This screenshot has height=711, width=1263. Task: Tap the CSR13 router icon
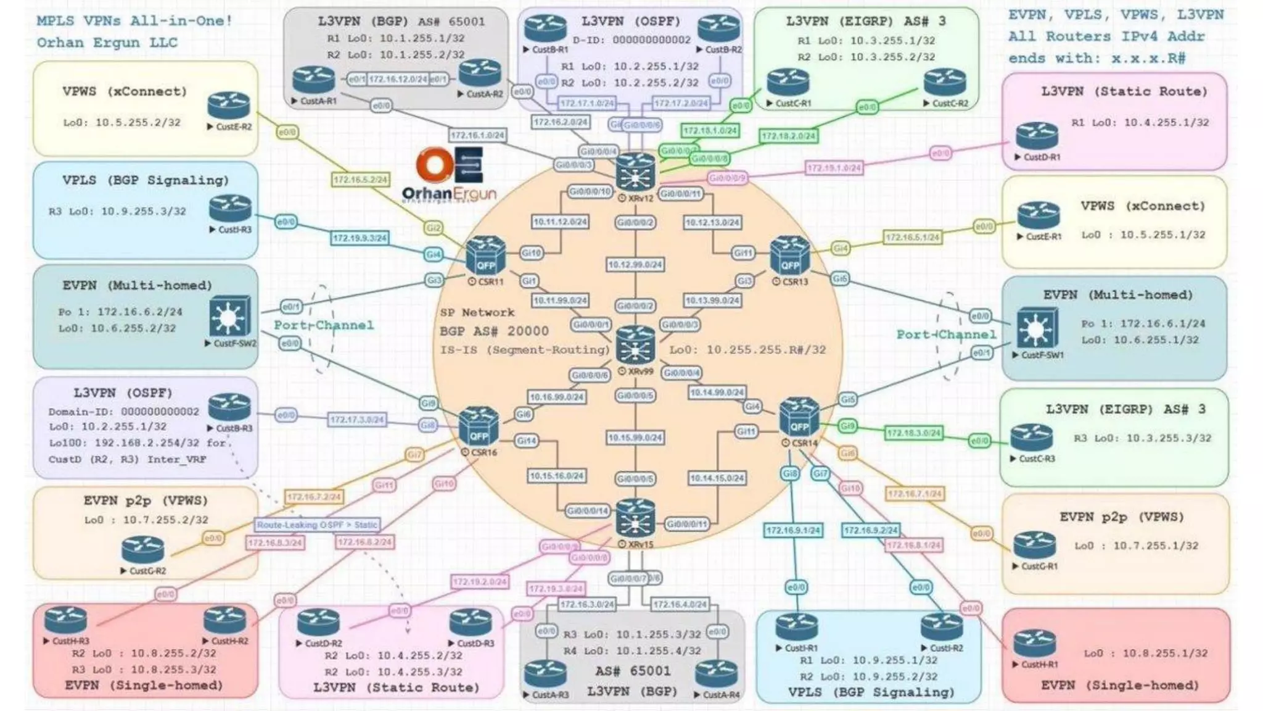pyautogui.click(x=790, y=255)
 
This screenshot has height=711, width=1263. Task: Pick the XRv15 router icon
pyautogui.click(x=635, y=519)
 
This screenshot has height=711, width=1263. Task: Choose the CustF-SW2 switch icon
pyautogui.click(x=229, y=317)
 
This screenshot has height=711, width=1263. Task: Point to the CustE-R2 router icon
pyautogui.click(x=229, y=106)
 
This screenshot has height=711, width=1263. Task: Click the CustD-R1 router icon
pyautogui.click(x=1037, y=136)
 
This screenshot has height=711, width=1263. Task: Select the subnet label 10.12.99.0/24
pyautogui.click(x=635, y=265)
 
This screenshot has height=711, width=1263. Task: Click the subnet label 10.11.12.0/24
pyautogui.click(x=560, y=222)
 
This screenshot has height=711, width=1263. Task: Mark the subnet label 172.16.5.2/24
pyautogui.click(x=361, y=180)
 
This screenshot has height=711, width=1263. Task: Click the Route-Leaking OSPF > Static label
pyautogui.click(x=318, y=525)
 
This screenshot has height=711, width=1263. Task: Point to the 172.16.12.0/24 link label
pyautogui.click(x=398, y=80)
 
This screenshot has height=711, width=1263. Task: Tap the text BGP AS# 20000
pyautogui.click(x=494, y=331)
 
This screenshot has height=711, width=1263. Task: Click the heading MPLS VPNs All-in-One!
pyautogui.click(x=134, y=21)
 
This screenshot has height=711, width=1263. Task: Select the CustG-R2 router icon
pyautogui.click(x=143, y=549)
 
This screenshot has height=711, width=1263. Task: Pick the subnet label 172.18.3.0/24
pyautogui.click(x=914, y=433)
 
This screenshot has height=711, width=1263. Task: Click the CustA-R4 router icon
pyautogui.click(x=716, y=673)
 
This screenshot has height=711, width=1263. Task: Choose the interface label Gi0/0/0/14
pyautogui.click(x=588, y=510)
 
